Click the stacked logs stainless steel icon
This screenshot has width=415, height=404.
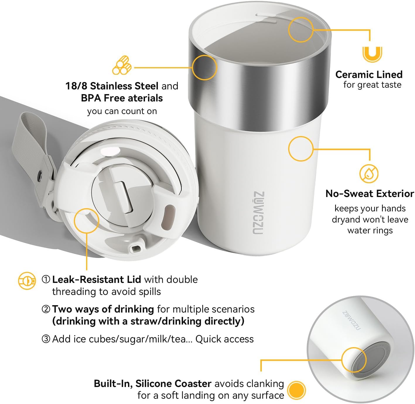(122, 66)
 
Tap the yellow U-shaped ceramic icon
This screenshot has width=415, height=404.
(372, 54)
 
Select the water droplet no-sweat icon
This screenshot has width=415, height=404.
(369, 174)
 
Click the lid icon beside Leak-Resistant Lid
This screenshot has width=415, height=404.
(27, 281)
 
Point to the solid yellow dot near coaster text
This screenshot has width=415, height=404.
(296, 390)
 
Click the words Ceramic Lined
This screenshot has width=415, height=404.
(369, 74)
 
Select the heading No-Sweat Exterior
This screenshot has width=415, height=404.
(370, 193)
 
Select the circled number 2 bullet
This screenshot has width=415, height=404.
(46, 309)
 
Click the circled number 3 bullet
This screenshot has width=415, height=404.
(46, 339)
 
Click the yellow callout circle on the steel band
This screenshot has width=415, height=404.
(204, 67)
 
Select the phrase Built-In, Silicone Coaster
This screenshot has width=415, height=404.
(153, 383)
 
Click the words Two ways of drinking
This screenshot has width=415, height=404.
(103, 309)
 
